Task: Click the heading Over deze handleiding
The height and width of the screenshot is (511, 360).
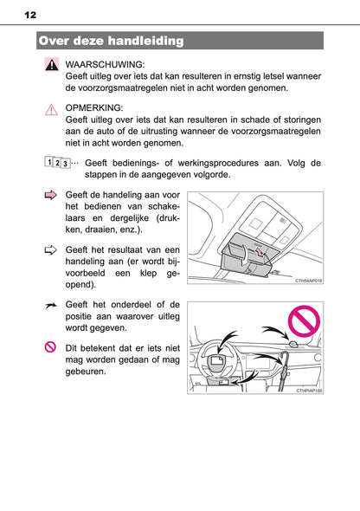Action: pos(112,41)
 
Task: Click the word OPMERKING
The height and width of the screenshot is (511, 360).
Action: pos(94,108)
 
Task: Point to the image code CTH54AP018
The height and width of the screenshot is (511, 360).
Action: pos(305,281)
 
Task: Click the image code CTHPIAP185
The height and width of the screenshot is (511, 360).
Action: pos(305,392)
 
